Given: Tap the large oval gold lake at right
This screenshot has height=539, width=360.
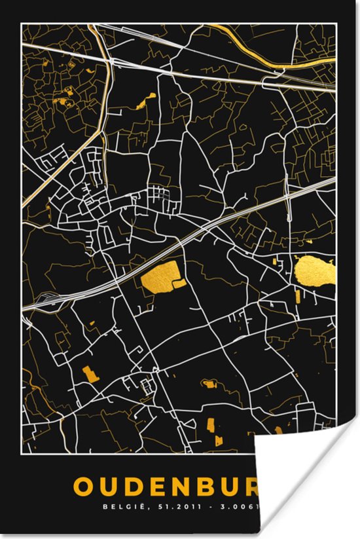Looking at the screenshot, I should [314, 270].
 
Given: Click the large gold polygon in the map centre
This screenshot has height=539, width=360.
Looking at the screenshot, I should [159, 275].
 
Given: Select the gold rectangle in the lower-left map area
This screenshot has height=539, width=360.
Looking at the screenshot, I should [90, 374].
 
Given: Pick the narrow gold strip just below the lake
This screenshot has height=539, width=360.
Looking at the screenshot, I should [298, 296].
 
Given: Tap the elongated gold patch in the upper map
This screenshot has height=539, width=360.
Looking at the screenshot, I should [145, 102].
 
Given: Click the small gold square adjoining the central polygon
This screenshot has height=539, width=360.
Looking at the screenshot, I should [179, 284].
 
